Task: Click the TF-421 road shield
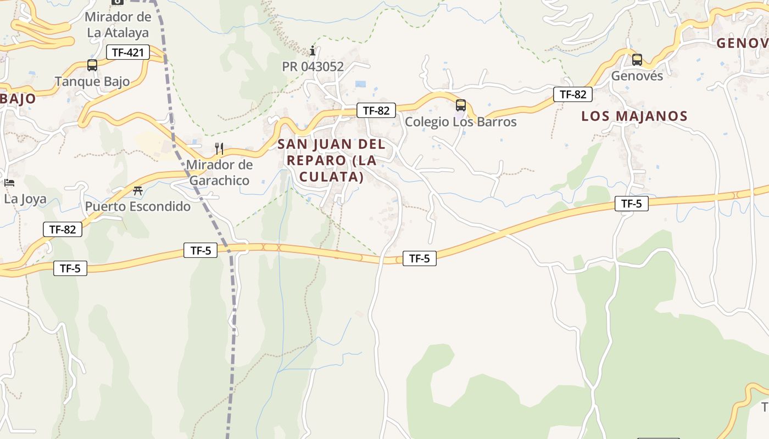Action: [x=127, y=53]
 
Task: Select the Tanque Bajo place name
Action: [x=92, y=82]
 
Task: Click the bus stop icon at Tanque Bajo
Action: [x=92, y=65]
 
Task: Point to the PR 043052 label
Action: [x=313, y=67]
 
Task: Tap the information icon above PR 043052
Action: [x=313, y=51]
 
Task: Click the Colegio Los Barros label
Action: [x=461, y=122]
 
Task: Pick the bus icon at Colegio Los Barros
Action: [x=461, y=105]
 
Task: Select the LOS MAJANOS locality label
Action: [x=634, y=116]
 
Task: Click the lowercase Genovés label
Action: [x=637, y=76]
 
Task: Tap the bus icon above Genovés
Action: [x=637, y=59]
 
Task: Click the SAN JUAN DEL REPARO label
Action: [x=332, y=160]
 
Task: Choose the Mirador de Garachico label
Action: [x=219, y=172]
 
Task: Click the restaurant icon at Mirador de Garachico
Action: [x=219, y=148]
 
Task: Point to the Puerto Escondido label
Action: [x=138, y=207]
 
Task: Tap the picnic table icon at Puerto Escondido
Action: [x=138, y=191]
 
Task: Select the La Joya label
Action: [x=25, y=199]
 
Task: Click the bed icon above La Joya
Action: [x=9, y=183]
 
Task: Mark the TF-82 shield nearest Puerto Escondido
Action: [x=63, y=229]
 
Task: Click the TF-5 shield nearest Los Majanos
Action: [x=631, y=204]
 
